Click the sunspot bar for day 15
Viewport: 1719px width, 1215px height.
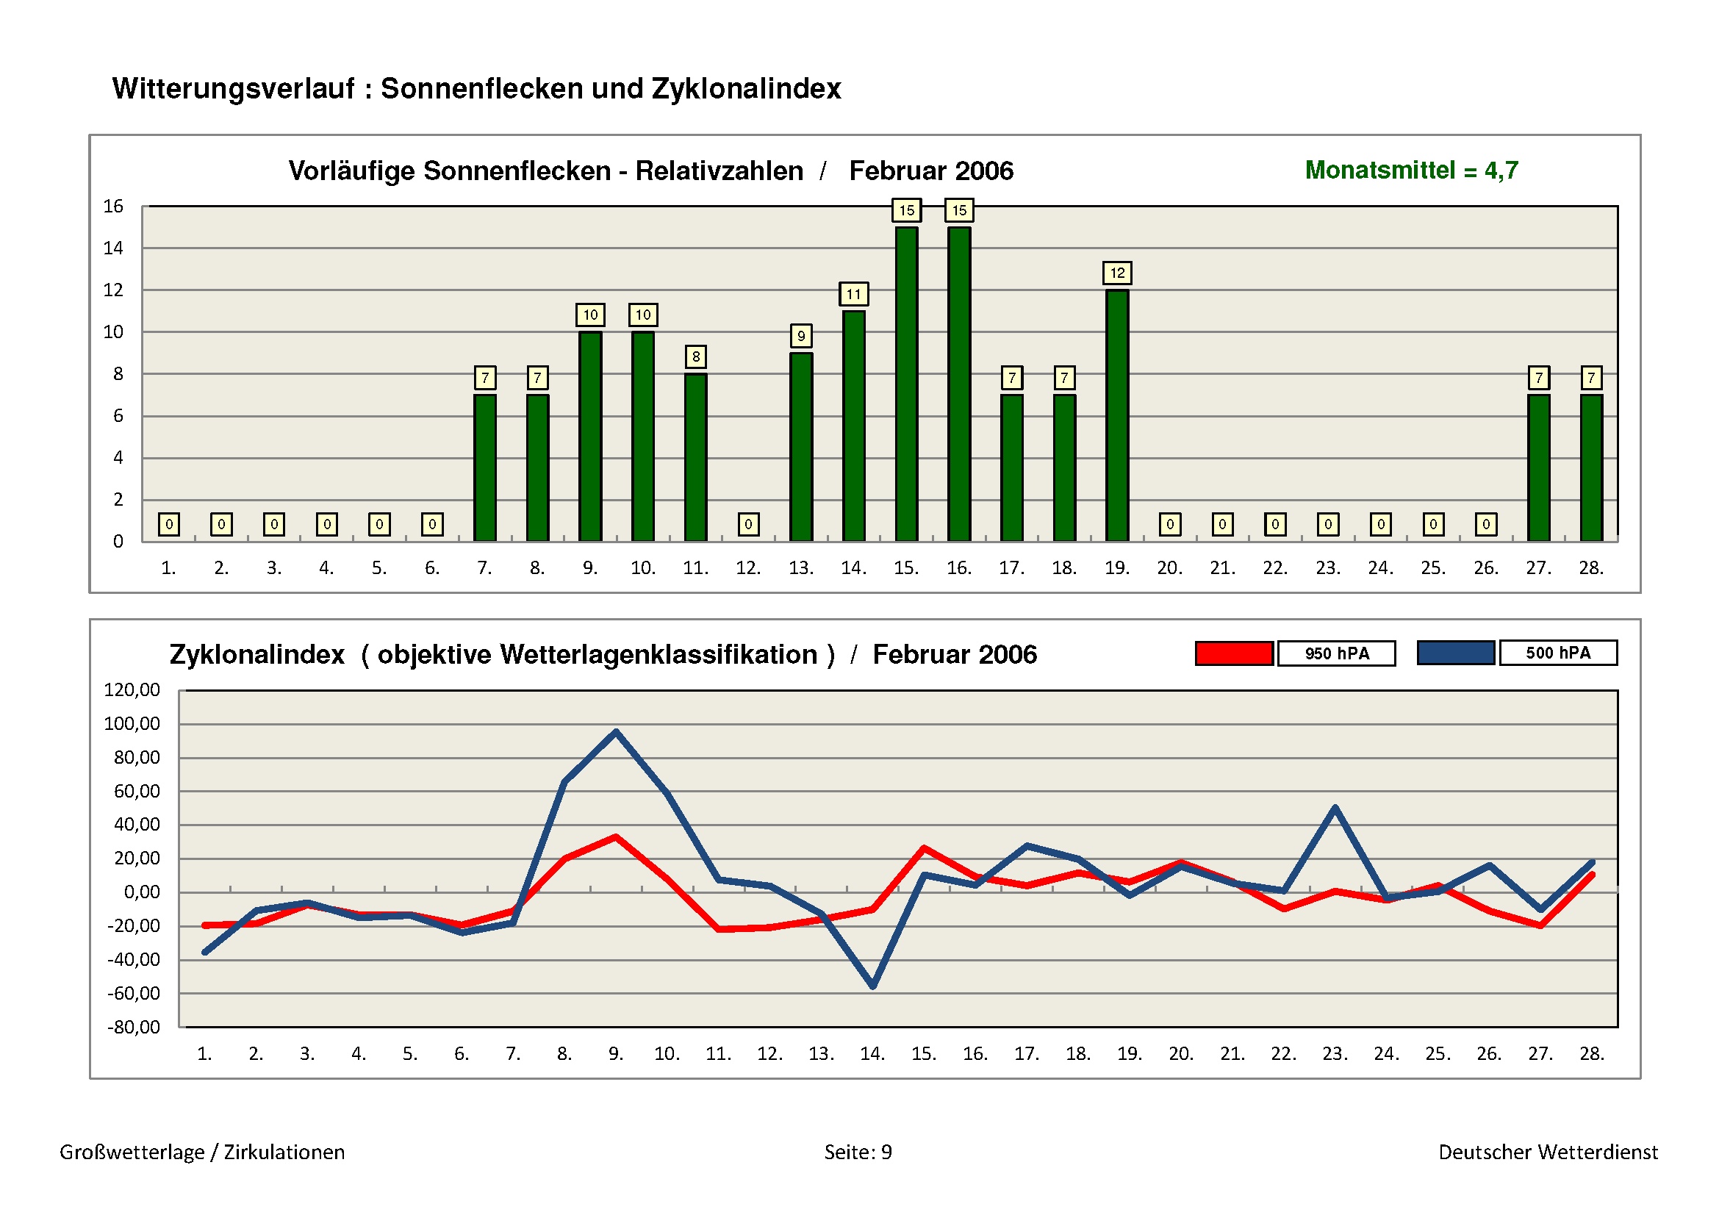[906, 383]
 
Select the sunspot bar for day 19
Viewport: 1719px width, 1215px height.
[1117, 415]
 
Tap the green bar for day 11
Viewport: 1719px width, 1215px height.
[695, 456]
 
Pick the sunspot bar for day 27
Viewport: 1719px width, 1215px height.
[1538, 467]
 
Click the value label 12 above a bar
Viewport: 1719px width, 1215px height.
[1117, 273]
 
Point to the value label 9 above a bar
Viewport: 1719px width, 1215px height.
[801, 336]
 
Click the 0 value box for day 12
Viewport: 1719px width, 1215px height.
[748, 524]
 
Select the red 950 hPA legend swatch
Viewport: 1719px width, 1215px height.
[1234, 653]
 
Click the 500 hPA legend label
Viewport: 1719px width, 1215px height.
[1557, 653]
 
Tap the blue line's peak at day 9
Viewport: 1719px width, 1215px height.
[615, 731]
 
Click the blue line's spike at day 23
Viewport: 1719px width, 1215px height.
[1335, 808]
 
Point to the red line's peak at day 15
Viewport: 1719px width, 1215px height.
[925, 848]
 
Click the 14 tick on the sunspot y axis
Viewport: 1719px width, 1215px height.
[113, 248]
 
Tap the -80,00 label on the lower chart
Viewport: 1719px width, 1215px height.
[134, 1027]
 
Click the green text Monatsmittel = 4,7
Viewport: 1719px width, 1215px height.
[1411, 170]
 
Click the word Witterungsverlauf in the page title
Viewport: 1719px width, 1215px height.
[234, 88]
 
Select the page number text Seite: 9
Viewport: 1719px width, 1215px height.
[858, 1151]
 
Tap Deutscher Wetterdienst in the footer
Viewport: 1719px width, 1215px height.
[1548, 1151]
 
